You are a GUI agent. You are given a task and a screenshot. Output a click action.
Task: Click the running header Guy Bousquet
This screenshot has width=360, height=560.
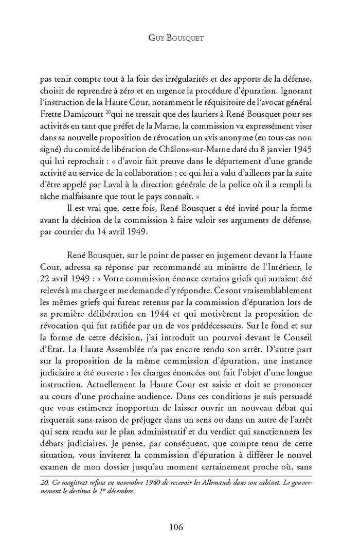180,39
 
